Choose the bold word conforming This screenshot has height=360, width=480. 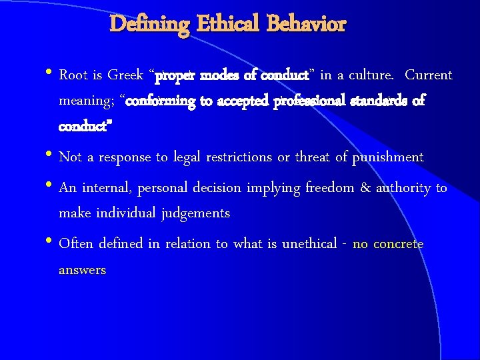point(160,102)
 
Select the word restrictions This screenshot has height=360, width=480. point(239,157)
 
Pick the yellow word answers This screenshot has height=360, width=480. point(82,271)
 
